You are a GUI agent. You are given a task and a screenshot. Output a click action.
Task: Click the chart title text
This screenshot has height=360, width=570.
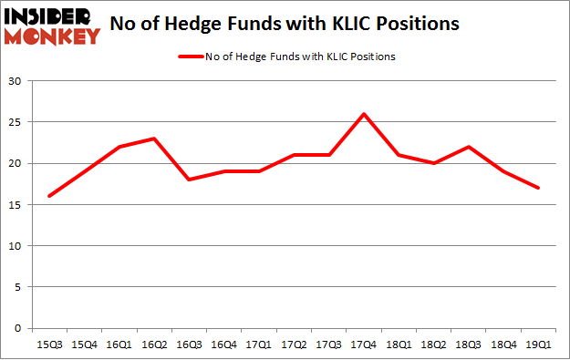pyautogui.click(x=284, y=24)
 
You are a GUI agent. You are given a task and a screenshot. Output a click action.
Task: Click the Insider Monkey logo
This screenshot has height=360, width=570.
pyautogui.click(x=53, y=26)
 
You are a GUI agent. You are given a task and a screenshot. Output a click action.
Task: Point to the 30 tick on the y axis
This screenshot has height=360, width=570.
pyautogui.click(x=16, y=81)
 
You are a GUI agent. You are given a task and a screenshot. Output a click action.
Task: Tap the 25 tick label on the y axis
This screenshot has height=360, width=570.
pyautogui.click(x=16, y=122)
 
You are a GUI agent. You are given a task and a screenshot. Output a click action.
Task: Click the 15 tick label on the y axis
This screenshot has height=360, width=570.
pyautogui.click(x=16, y=205)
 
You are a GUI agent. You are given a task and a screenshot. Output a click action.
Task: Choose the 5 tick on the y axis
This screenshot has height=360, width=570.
pyautogui.click(x=19, y=287)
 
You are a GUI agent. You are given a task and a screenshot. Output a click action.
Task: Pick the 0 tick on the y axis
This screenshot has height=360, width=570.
pyautogui.click(x=19, y=328)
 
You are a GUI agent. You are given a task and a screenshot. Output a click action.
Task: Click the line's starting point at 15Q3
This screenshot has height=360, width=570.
pyautogui.click(x=49, y=196)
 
